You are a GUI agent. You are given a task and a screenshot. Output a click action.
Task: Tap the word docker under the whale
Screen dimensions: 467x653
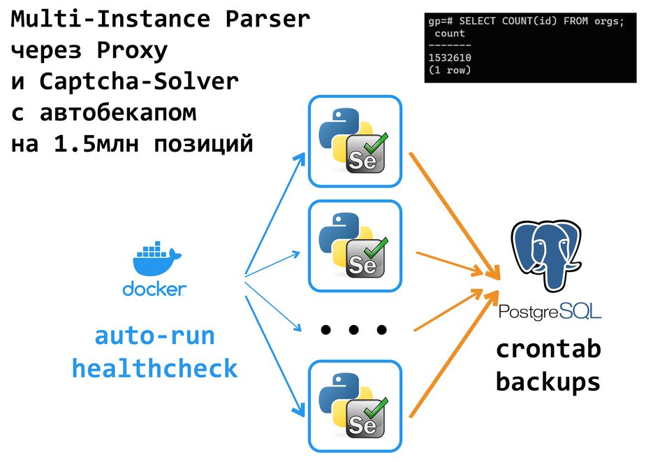click(154, 288)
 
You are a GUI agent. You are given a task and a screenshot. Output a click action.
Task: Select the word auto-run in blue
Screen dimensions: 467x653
click(154, 336)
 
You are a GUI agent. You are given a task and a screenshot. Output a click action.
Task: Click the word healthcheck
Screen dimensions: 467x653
click(154, 368)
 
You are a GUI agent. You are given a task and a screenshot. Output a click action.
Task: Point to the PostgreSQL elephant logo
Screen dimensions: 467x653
click(546, 256)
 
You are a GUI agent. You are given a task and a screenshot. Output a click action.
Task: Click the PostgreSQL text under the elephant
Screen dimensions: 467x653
click(550, 310)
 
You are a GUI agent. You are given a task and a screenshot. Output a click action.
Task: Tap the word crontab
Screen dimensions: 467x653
click(548, 349)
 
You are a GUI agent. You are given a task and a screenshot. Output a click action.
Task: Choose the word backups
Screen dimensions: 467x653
click(548, 381)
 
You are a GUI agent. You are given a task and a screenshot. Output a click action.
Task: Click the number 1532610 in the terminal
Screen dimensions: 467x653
click(450, 58)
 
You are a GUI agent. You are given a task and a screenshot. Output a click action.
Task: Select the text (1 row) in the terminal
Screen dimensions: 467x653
click(450, 70)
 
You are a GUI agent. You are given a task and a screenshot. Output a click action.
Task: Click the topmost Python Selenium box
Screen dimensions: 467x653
click(355, 141)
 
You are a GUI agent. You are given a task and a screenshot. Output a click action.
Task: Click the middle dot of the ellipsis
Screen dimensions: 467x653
click(353, 329)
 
